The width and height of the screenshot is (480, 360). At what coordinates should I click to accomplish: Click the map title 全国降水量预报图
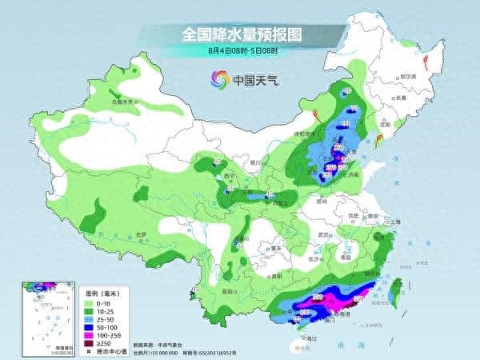point(240,34)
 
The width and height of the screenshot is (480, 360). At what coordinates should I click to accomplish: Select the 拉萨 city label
point(141,233)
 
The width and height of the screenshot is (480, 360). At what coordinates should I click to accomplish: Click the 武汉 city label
point(323,234)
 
